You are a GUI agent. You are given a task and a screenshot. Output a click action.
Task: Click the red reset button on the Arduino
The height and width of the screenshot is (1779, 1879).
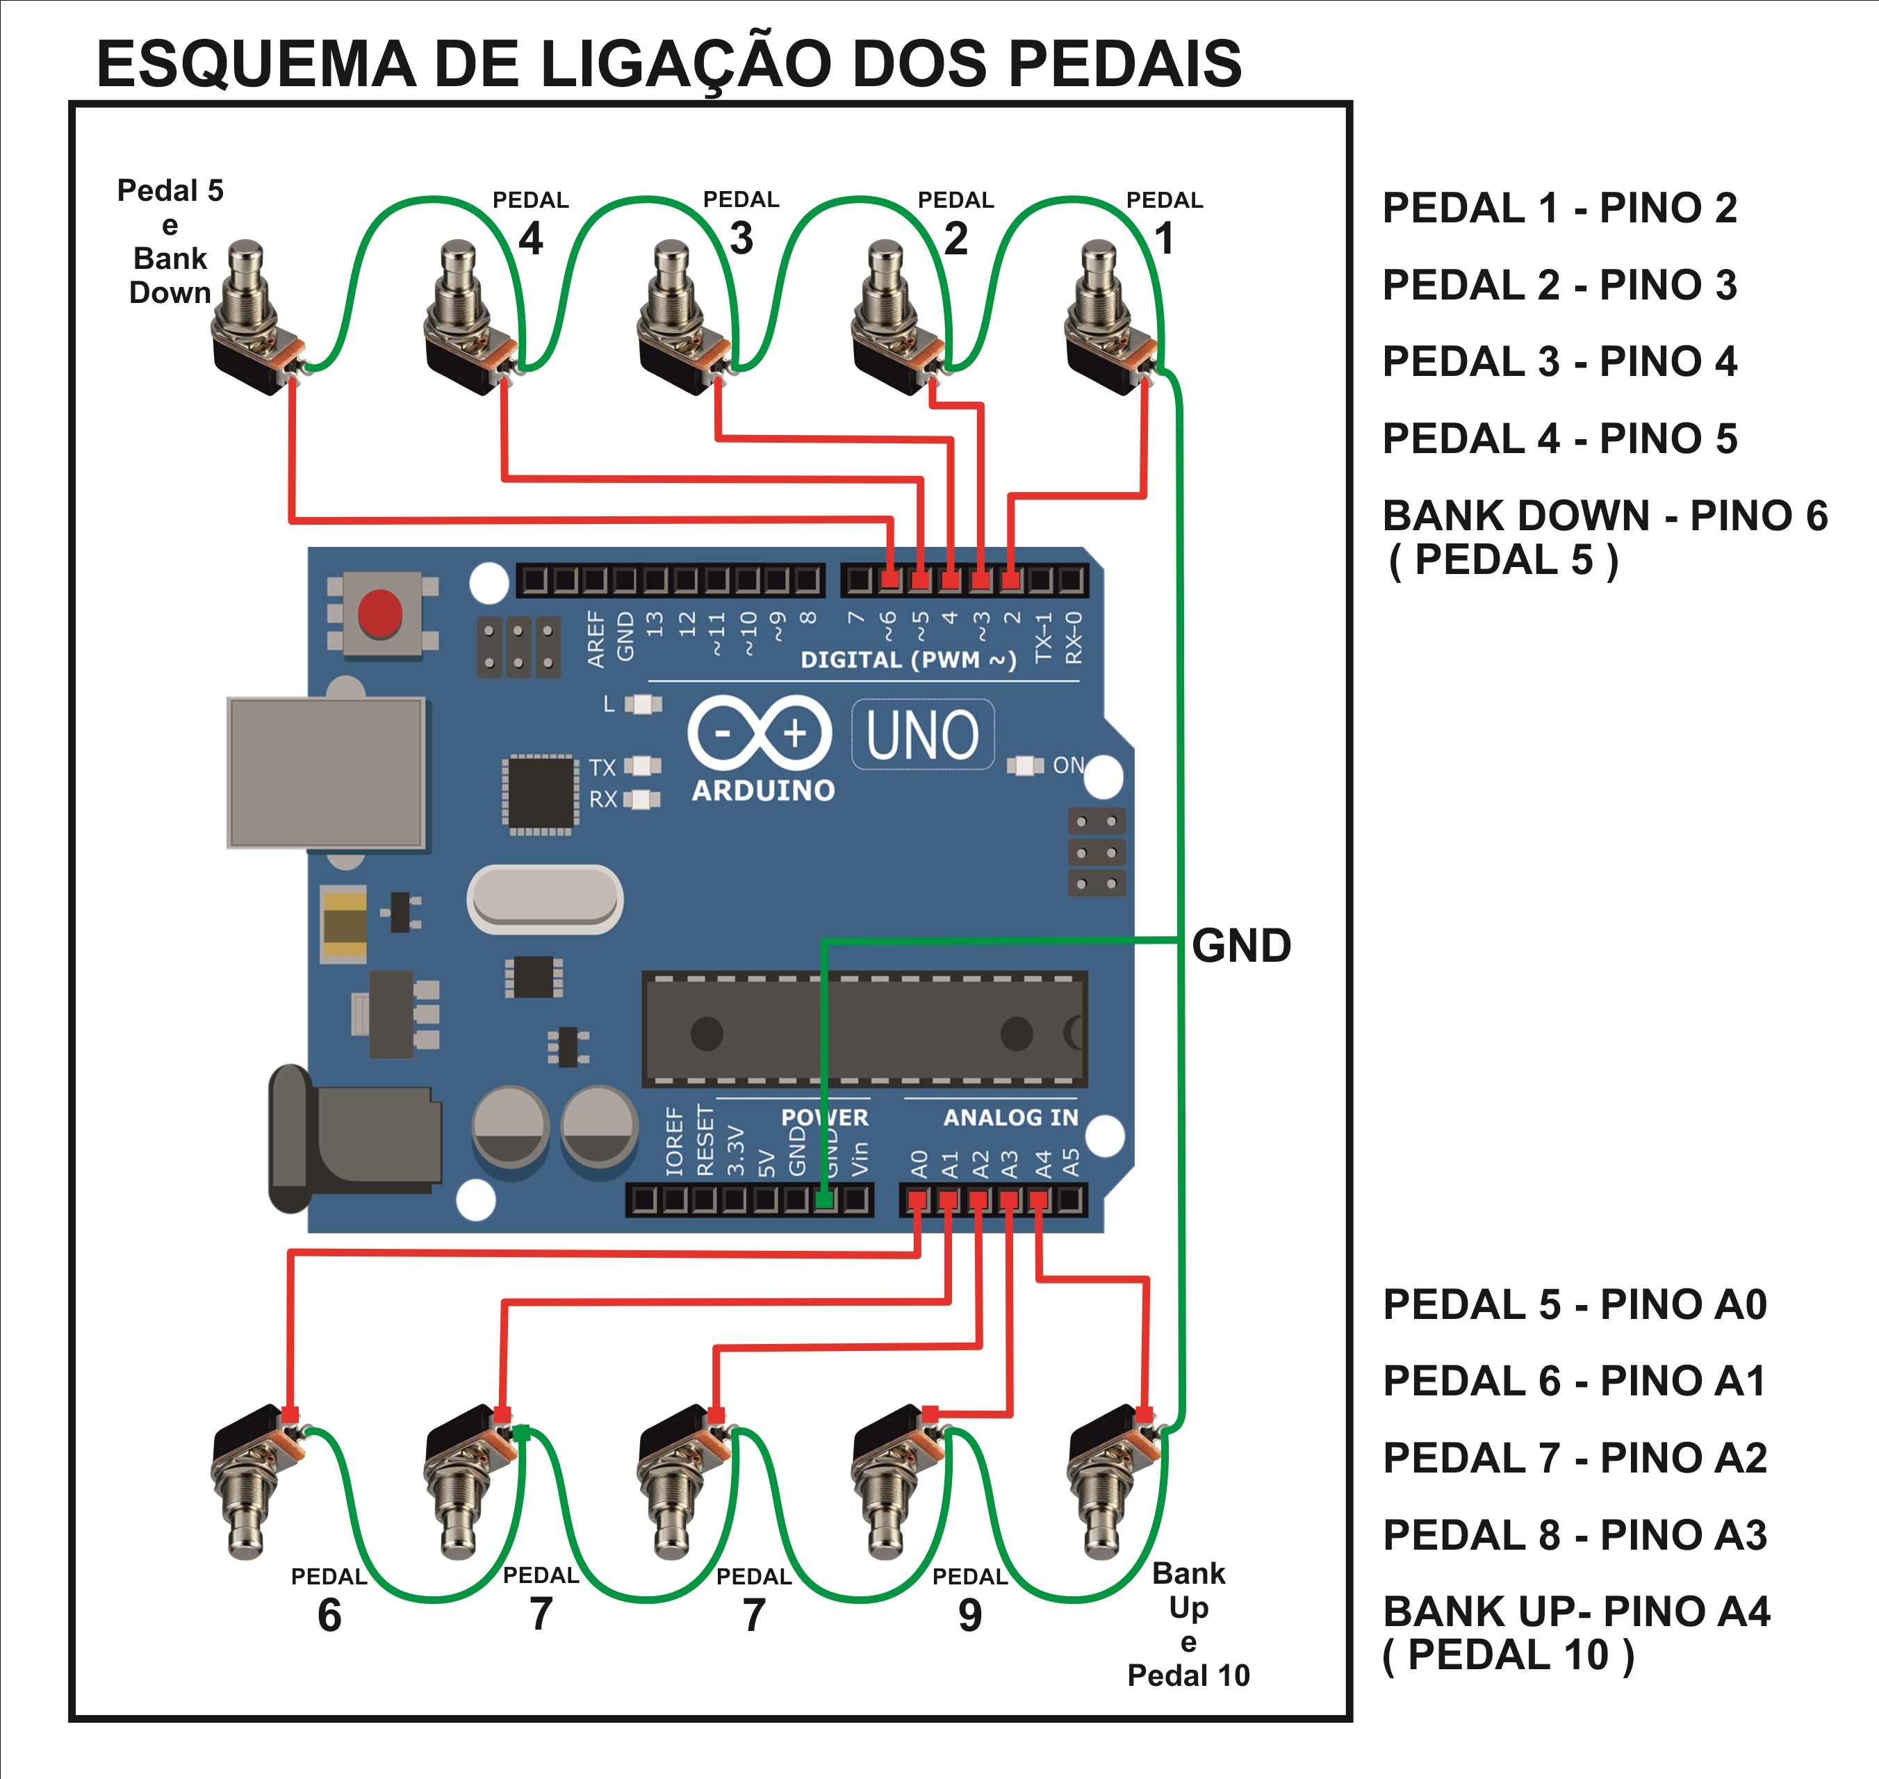(x=380, y=613)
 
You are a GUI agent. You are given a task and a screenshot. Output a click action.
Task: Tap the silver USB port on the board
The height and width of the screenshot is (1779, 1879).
(x=326, y=773)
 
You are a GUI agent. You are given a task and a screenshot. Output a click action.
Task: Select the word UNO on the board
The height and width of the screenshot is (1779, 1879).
(x=921, y=736)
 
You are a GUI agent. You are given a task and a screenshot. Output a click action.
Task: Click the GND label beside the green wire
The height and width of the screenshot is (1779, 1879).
(x=1241, y=946)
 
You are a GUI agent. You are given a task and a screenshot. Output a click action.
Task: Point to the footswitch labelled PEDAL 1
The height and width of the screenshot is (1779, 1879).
(x=1109, y=318)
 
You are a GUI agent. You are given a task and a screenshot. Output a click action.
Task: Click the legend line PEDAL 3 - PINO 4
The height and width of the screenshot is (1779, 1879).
(x=1559, y=361)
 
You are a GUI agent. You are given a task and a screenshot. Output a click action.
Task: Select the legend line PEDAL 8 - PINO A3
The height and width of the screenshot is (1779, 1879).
(x=1575, y=1534)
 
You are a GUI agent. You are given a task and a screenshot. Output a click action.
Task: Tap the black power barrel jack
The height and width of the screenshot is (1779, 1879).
(x=356, y=1138)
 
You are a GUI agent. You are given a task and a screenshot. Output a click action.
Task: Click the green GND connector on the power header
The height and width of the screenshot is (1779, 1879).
(x=825, y=1199)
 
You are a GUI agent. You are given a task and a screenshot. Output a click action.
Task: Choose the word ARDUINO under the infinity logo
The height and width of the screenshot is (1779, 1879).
(x=763, y=790)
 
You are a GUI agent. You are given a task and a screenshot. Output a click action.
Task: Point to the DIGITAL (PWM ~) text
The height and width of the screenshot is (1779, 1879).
(x=908, y=660)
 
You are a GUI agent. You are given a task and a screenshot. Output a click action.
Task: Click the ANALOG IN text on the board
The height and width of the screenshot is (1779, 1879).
(x=1010, y=1118)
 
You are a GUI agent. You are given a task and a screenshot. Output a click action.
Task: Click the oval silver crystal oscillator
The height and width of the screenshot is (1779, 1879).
(x=545, y=898)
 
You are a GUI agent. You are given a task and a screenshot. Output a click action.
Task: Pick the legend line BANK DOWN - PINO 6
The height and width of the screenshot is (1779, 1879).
(x=1604, y=516)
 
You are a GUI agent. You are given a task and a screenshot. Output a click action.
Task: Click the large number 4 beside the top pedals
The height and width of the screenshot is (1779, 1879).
(x=531, y=238)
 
